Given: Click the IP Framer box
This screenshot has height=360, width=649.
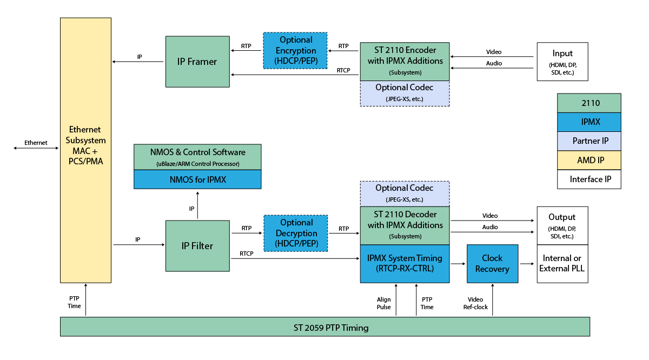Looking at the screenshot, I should [198, 62].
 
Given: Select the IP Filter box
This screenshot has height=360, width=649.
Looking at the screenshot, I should [197, 246].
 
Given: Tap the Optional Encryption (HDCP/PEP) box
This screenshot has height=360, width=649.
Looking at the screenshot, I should [296, 50].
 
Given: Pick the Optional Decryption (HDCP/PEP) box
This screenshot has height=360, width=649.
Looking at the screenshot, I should [296, 233].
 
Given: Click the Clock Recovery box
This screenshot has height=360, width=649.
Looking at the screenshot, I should [492, 263].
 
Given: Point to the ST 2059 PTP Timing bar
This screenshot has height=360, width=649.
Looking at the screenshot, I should [325, 328].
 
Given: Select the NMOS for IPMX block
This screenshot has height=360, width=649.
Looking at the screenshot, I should [197, 179].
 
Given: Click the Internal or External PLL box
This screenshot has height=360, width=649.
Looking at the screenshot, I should [562, 263].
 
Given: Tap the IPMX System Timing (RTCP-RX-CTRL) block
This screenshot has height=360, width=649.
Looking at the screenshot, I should [405, 263].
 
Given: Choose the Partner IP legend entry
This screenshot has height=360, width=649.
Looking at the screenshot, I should [589, 141].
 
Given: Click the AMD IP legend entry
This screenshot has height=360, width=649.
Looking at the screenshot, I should [589, 160].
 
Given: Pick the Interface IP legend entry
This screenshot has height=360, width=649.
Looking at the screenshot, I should [589, 179].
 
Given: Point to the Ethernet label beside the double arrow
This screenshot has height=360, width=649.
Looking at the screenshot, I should [36, 143].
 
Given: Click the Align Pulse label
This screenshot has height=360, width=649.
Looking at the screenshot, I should [383, 303].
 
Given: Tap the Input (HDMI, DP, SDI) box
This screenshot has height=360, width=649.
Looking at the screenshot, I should [562, 62].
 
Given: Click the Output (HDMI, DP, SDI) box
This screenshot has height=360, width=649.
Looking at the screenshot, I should [562, 225].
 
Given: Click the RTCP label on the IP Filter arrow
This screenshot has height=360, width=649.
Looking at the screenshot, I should [247, 254].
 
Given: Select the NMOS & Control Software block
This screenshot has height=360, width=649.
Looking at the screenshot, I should [197, 157].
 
